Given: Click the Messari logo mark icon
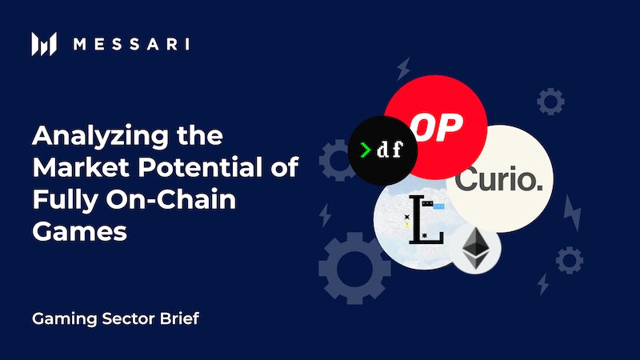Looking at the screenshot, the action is click(44, 44).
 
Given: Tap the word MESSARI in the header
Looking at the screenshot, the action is click(131, 44).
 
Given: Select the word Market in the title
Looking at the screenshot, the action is click(82, 167).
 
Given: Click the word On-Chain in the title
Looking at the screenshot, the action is click(171, 199).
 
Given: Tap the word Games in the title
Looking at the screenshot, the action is click(79, 231).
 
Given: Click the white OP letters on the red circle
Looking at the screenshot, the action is click(437, 127).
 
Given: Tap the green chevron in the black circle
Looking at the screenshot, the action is click(366, 150).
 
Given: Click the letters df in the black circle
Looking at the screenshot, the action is click(390, 150).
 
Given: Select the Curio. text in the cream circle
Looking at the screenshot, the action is click(498, 178).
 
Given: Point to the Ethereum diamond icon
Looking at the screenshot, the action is click(475, 249).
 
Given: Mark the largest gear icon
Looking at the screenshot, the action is click(354, 268).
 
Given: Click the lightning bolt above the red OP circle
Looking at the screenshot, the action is click(404, 69).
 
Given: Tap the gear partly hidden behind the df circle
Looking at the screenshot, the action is click(335, 160).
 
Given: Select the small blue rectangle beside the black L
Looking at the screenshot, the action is click(438, 206).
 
